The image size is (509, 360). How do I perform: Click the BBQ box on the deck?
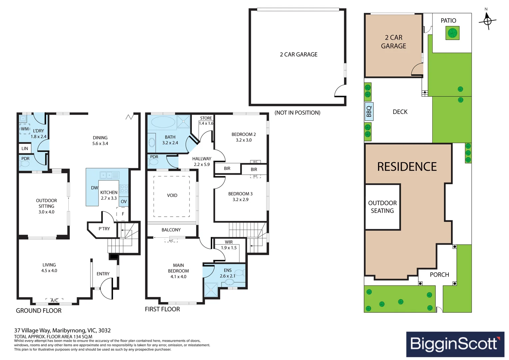point(369,111)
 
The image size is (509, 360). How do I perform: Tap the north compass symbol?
point(487,21)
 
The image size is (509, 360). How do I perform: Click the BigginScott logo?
point(455,344)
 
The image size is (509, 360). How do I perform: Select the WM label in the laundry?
point(25,129)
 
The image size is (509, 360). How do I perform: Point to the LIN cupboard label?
point(25,148)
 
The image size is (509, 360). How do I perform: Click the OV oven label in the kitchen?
point(124,201)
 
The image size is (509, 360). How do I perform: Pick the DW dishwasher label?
point(94,188)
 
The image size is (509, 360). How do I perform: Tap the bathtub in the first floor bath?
point(163,122)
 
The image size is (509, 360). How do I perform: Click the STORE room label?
point(206,118)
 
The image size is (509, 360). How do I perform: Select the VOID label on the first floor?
point(172,195)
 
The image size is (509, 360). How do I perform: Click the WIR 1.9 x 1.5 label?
point(229,245)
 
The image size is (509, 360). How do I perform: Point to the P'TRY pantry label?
point(104,229)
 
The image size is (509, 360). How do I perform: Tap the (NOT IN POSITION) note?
point(297,113)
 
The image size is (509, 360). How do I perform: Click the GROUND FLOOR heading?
point(39,311)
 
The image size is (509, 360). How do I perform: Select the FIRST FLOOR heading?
point(162,309)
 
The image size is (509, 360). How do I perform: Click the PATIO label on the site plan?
point(448,21)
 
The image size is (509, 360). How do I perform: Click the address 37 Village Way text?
point(62,330)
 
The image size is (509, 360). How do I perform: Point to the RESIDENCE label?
point(407,167)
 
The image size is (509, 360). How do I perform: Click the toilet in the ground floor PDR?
point(25,164)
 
